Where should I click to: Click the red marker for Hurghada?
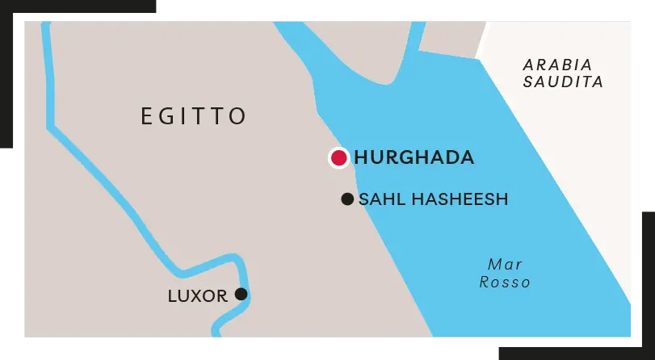click(x=338, y=158)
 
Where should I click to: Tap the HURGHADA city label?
click(x=414, y=158)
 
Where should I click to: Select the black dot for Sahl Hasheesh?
click(x=347, y=199)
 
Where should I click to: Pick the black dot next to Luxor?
click(x=241, y=294)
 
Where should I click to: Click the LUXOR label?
click(x=197, y=296)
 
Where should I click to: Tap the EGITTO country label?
click(x=194, y=116)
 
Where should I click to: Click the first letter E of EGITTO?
click(x=146, y=116)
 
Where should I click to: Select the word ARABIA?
click(x=558, y=65)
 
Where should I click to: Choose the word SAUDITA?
click(x=563, y=82)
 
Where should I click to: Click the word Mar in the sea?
click(x=505, y=265)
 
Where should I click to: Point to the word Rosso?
click(x=505, y=282)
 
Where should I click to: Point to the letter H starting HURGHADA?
click(x=361, y=158)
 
